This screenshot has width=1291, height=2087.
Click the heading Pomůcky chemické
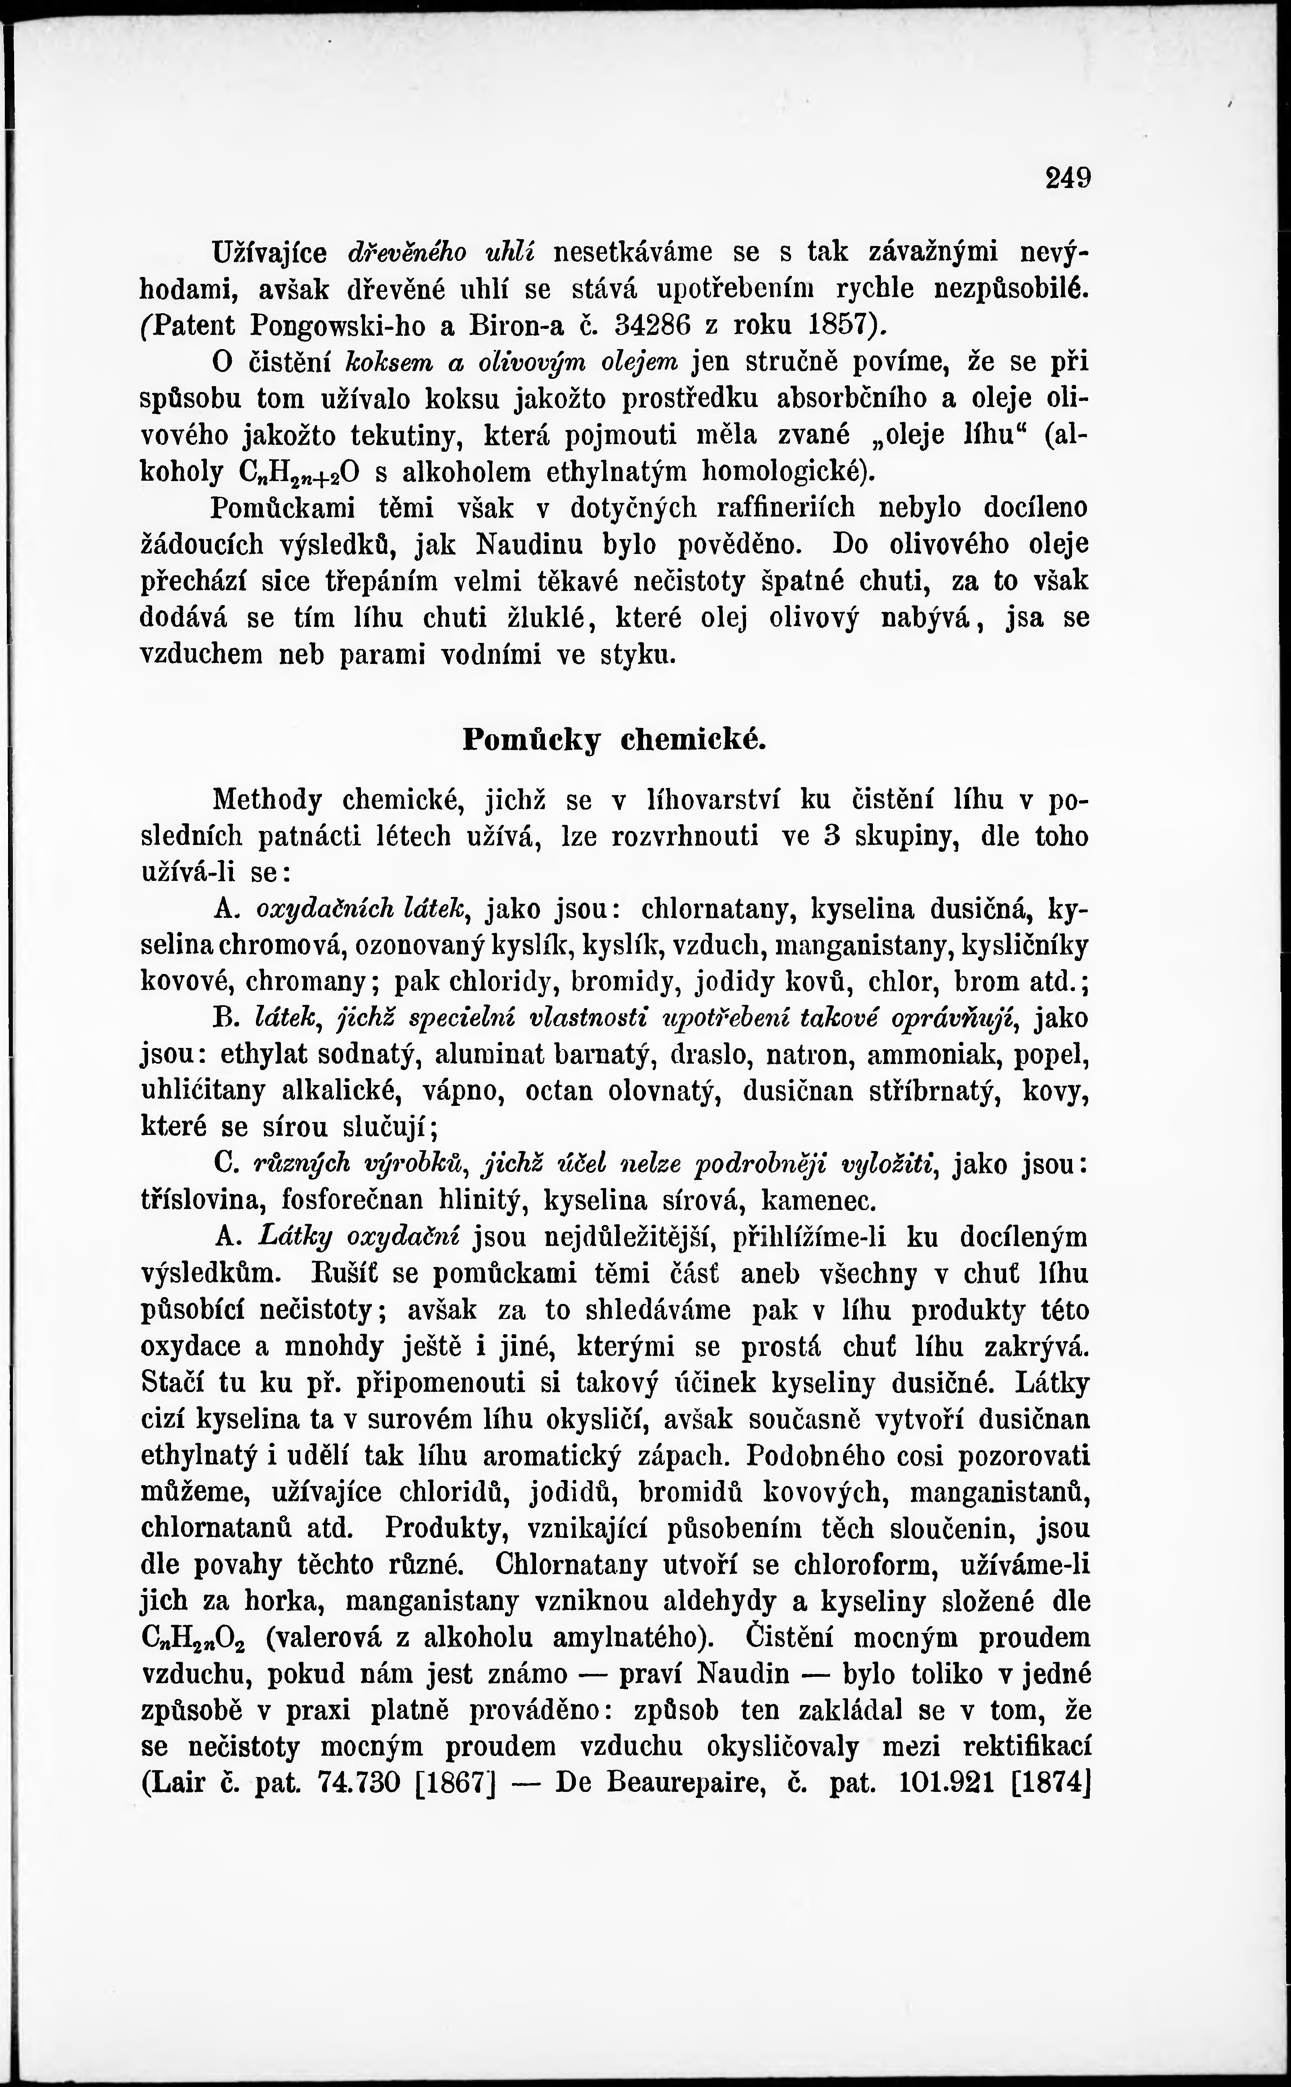click(614, 740)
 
